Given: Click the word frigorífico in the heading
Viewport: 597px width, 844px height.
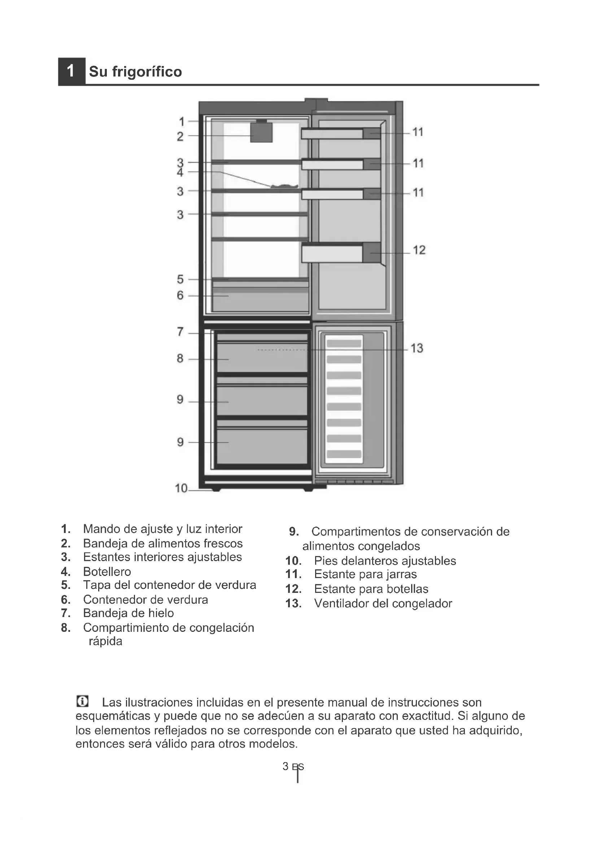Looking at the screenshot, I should point(147,72).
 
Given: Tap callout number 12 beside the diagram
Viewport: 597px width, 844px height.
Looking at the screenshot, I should point(419,250).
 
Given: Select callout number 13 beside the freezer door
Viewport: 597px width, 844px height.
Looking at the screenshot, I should point(417,348).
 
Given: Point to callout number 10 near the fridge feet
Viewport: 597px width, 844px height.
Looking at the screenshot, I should point(181,488).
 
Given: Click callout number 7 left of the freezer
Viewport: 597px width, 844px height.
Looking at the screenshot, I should point(180,332).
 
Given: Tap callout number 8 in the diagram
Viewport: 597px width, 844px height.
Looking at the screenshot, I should point(180,358).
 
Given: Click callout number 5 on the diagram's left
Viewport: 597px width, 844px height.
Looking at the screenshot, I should point(180,279).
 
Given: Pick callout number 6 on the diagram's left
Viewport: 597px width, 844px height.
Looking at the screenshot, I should point(180,295).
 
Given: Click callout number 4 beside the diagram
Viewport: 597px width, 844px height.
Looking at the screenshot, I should point(180,172).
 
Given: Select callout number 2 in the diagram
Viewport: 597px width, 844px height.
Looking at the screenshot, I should point(180,136).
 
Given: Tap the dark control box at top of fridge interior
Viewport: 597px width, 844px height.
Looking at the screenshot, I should point(261,132).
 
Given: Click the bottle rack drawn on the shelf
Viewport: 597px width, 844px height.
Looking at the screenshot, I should point(284,186).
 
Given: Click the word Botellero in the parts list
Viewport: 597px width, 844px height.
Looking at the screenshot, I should point(107,572).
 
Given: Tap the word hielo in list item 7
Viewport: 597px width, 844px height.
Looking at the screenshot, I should point(161,613).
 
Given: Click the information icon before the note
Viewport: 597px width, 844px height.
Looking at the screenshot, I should point(82,701).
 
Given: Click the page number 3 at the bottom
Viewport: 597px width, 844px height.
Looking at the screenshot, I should point(285,766).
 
